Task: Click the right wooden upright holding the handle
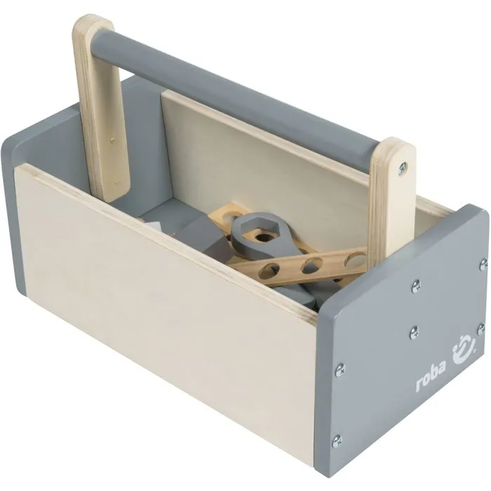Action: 395,189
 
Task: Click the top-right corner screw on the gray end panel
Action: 483,264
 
